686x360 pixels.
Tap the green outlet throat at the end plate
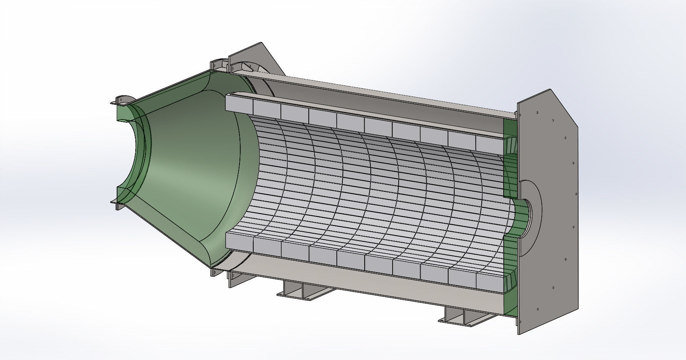tap(523, 215)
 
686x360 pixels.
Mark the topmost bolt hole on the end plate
tap(537, 112)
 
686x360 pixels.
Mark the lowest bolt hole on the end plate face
tap(537, 310)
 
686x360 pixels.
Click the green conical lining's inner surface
tap(186, 170)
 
